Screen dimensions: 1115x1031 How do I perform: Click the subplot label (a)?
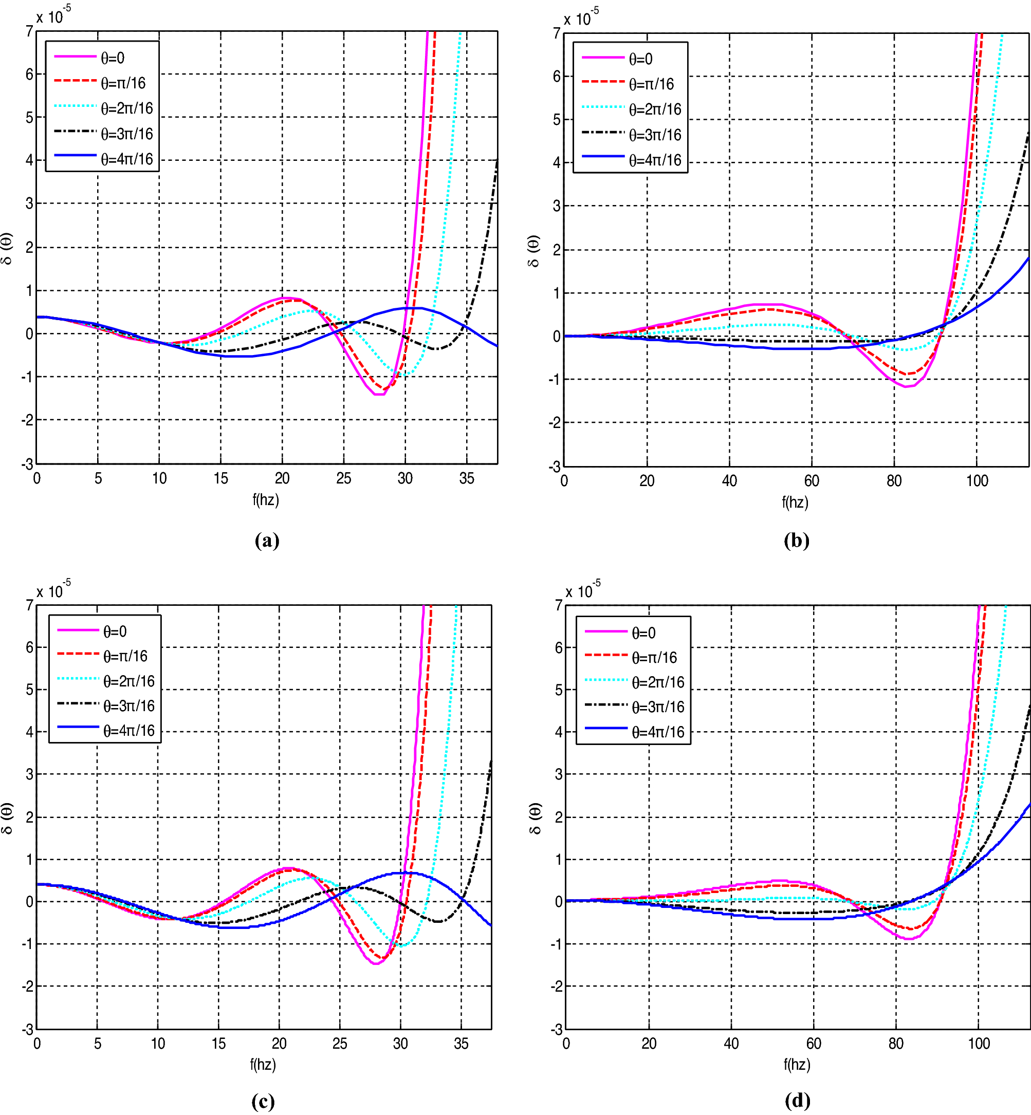(267, 540)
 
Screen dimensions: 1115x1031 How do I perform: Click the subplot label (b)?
(796, 540)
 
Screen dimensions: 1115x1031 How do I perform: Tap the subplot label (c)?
(263, 1101)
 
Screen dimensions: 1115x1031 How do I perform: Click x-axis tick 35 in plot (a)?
(466, 478)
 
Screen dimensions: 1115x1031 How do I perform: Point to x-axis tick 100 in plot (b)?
(977, 481)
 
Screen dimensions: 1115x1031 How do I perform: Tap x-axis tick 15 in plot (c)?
(218, 1043)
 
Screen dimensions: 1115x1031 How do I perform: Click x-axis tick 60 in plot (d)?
(814, 1043)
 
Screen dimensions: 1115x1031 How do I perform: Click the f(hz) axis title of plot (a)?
(266, 499)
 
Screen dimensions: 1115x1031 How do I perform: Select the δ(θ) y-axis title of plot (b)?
(533, 251)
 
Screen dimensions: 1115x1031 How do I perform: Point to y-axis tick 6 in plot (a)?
(29, 74)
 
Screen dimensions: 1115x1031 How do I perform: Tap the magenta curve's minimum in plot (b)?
(906, 386)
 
